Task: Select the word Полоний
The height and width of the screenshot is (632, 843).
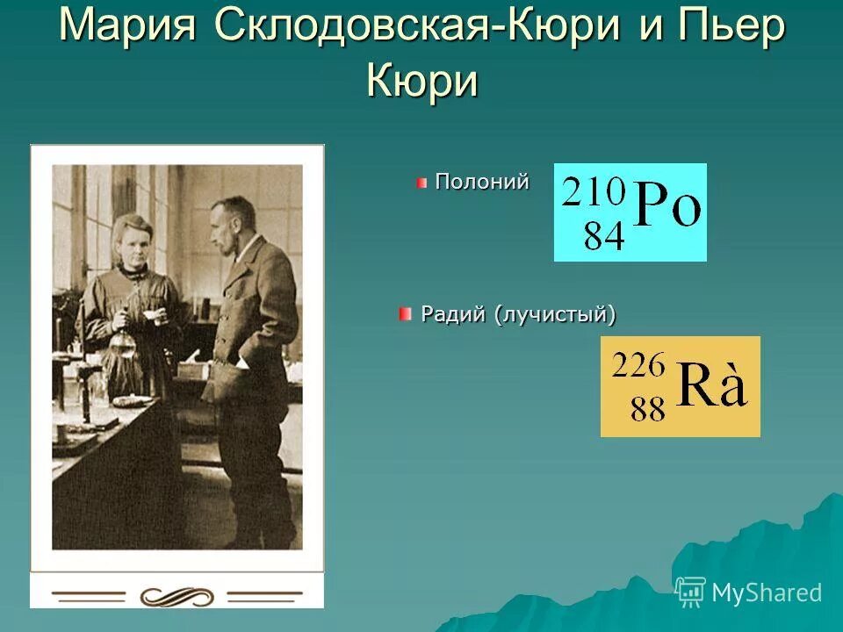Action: click(482, 182)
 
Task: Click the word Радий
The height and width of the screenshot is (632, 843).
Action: click(453, 313)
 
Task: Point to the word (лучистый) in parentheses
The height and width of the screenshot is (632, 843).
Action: click(554, 314)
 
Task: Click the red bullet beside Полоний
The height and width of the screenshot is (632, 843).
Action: click(422, 183)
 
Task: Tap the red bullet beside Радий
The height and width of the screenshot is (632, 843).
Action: click(405, 313)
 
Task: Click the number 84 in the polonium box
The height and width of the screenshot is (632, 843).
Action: click(603, 235)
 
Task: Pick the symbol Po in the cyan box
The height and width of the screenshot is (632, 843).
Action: click(667, 209)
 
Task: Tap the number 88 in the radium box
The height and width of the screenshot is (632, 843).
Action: click(648, 409)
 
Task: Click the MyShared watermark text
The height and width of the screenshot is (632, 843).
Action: click(767, 592)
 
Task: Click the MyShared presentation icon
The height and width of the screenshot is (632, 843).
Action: click(691, 592)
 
